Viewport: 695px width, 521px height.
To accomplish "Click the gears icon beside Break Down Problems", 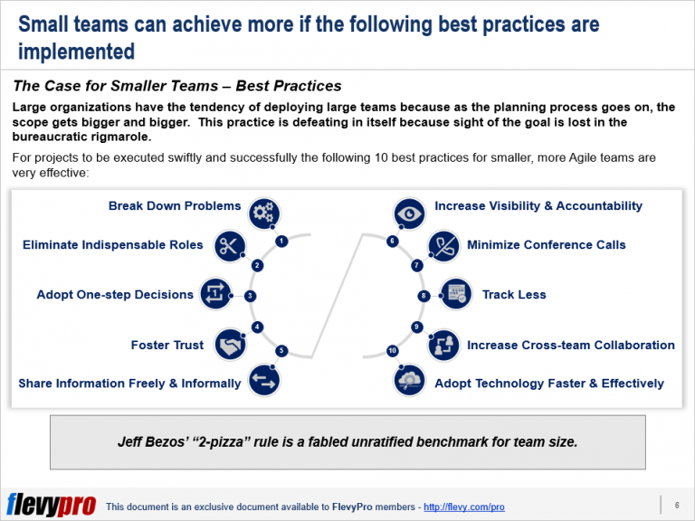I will tap(264, 213).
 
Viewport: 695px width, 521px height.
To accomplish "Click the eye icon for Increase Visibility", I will tap(410, 213).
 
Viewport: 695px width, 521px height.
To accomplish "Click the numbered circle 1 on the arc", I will tap(282, 242).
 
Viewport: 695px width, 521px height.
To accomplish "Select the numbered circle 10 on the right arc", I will tap(392, 350).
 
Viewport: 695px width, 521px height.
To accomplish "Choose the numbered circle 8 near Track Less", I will tap(424, 296).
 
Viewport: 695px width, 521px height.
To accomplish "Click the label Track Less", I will tap(513, 295).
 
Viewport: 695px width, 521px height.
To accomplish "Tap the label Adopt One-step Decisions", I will tap(115, 295).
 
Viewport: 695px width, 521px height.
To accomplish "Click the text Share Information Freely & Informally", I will tap(129, 384).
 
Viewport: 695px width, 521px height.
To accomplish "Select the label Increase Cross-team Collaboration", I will tap(570, 346).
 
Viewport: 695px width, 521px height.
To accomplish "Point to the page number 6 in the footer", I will tap(676, 504).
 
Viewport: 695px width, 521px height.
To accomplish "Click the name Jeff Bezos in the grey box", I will tap(154, 442).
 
